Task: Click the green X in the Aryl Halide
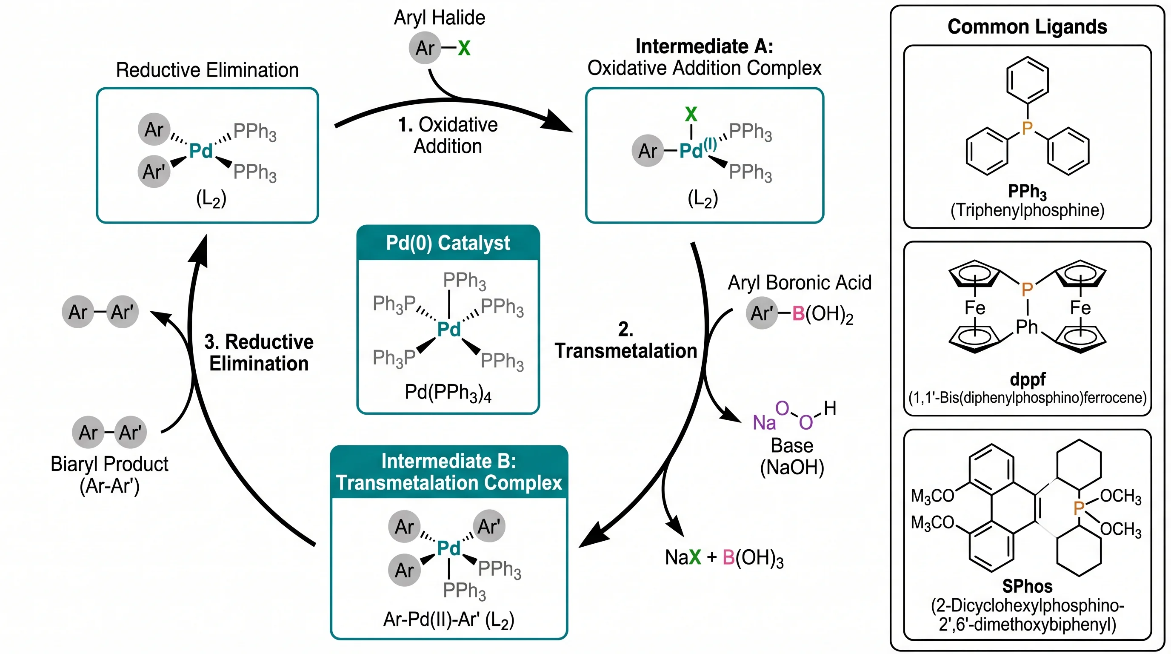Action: pyautogui.click(x=464, y=48)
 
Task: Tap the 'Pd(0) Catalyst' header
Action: pyautogui.click(x=448, y=243)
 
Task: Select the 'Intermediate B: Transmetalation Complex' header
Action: pyautogui.click(x=448, y=472)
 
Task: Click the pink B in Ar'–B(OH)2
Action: pyautogui.click(x=798, y=313)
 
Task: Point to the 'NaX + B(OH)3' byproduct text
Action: pyautogui.click(x=724, y=558)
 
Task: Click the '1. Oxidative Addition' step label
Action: pyautogui.click(x=448, y=135)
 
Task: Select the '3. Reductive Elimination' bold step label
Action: pyautogui.click(x=259, y=353)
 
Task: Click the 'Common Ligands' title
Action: pyautogui.click(x=1027, y=26)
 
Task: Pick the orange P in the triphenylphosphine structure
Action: pyautogui.click(x=1027, y=128)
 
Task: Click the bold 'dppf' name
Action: pyautogui.click(x=1027, y=379)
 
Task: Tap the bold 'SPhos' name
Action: pyautogui.click(x=1027, y=586)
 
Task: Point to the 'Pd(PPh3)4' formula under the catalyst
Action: pyautogui.click(x=448, y=392)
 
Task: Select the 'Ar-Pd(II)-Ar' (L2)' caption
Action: pyautogui.click(x=448, y=620)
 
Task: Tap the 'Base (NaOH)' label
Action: pyautogui.click(x=792, y=456)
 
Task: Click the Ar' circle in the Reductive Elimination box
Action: pyautogui.click(x=154, y=172)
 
